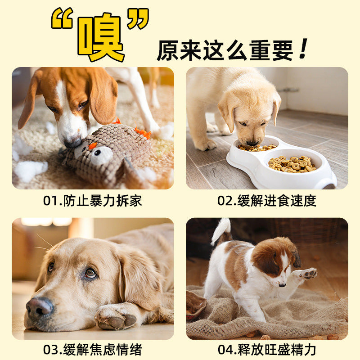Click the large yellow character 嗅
pos(101,37)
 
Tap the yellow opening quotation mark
pos(62,18)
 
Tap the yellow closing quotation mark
pos(138,18)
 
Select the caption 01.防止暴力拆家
pos(93,201)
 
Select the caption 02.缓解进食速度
pos(267,201)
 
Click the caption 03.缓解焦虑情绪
pos(93,350)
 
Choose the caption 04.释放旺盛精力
pos(267,350)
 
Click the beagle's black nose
pos(72,143)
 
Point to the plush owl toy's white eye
pos(100,155)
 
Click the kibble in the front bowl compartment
pos(292,164)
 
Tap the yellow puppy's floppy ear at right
pos(276,108)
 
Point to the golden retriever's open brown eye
pos(90,273)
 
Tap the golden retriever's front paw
pos(116,318)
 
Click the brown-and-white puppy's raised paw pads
pos(309,274)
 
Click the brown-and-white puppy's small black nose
pos(282,285)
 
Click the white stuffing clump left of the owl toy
pos(31,171)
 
